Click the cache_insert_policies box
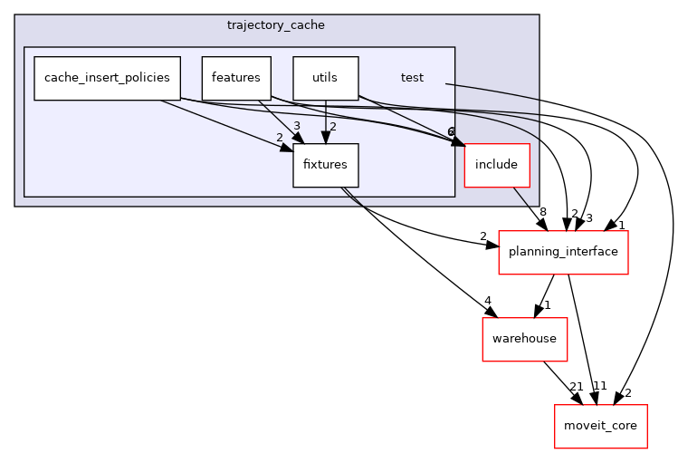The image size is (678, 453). [x=107, y=78]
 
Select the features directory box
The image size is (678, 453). [x=235, y=78]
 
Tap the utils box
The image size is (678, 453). [x=325, y=78]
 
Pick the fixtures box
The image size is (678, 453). [x=325, y=166]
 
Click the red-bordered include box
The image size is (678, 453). [x=496, y=165]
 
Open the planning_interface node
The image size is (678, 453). [x=564, y=253]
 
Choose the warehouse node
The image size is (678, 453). [x=524, y=339]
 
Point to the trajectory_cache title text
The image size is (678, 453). [x=276, y=24]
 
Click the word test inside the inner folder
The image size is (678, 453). [x=412, y=78]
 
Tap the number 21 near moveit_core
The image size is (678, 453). [x=576, y=387]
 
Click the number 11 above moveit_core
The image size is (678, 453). [x=599, y=386]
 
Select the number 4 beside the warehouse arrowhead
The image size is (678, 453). [x=487, y=301]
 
